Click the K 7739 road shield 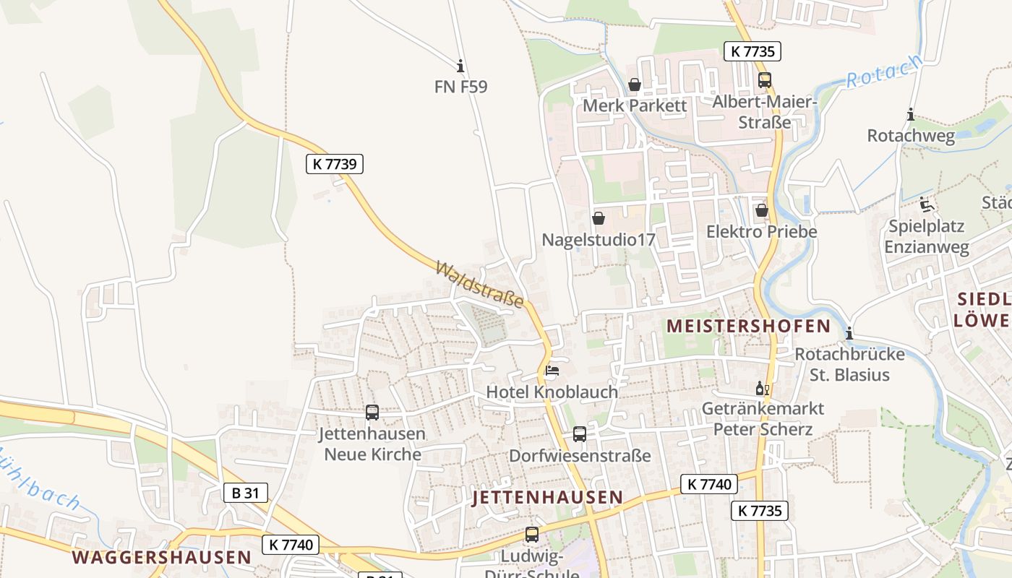[334, 164]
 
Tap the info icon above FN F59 [460, 66]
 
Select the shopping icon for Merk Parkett [635, 85]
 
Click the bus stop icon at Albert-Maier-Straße [765, 80]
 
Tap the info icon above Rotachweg [911, 115]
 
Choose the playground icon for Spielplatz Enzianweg [927, 205]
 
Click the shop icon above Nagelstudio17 [599, 217]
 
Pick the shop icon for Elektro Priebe [761, 210]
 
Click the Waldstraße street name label [479, 285]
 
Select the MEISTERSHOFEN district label [748, 326]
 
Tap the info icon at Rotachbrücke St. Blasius [849, 333]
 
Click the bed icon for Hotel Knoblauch [552, 371]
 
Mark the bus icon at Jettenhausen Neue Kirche [372, 413]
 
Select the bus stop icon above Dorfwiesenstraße [580, 434]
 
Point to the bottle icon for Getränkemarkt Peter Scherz [763, 389]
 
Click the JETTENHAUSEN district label [547, 497]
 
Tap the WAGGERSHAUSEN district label [161, 558]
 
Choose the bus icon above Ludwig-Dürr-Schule [532, 535]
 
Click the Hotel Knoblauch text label [552, 392]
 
